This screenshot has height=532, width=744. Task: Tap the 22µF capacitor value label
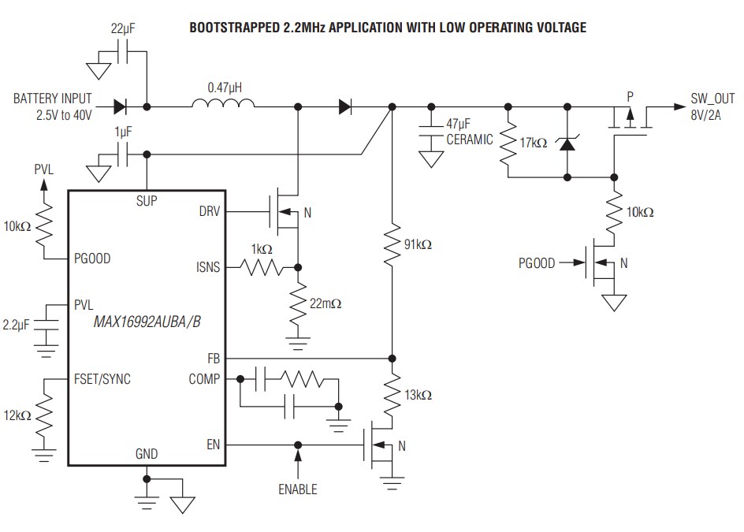coord(123,29)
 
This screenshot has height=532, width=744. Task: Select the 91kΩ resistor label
coord(418,245)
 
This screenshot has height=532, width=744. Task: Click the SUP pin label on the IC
coord(146,201)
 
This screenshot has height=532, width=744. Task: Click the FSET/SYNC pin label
coord(102,379)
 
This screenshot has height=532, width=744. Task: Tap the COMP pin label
coord(205,379)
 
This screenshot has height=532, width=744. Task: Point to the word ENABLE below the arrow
coord(297,489)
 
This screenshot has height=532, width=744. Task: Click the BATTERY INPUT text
coord(52,99)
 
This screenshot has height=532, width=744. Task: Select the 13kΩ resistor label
coord(418,395)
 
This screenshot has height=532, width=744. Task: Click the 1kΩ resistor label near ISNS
coord(262,249)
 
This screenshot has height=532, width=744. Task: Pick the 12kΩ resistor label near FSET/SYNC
coord(17,415)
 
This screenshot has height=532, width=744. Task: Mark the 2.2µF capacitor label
coord(17,324)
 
